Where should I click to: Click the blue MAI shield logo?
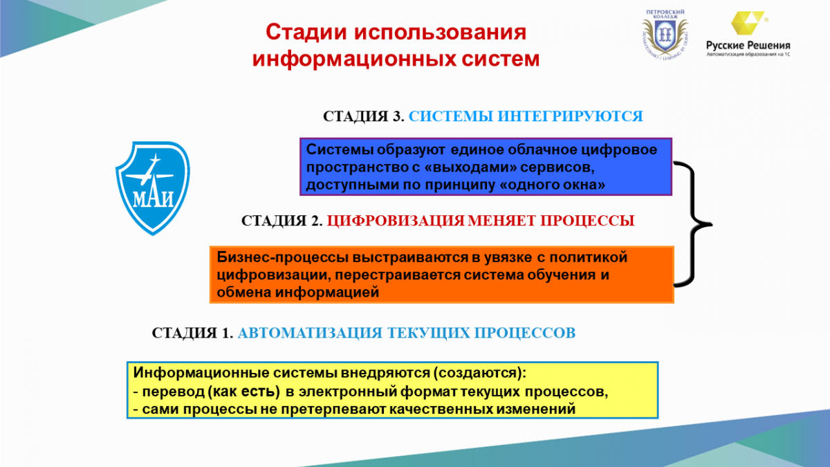pyautogui.click(x=153, y=188)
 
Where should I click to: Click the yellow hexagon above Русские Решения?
pyautogui.click(x=747, y=23)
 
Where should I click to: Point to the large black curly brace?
pyautogui.click(x=692, y=224)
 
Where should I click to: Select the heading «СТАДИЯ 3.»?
pyautogui.click(x=363, y=116)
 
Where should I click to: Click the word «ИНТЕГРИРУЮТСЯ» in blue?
pyautogui.click(x=570, y=116)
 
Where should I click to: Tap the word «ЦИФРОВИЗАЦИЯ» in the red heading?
pyautogui.click(x=396, y=221)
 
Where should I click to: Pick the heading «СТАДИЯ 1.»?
pyautogui.click(x=192, y=333)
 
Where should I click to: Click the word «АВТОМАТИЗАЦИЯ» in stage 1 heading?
pyautogui.click(x=310, y=333)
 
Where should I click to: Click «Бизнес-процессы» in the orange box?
pyautogui.click(x=283, y=257)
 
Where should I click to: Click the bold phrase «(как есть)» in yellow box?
pyautogui.click(x=243, y=392)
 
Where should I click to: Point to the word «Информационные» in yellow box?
pyautogui.click(x=201, y=373)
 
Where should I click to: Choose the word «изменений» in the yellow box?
pyautogui.click(x=536, y=410)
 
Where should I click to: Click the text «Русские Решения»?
pyautogui.click(x=748, y=46)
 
